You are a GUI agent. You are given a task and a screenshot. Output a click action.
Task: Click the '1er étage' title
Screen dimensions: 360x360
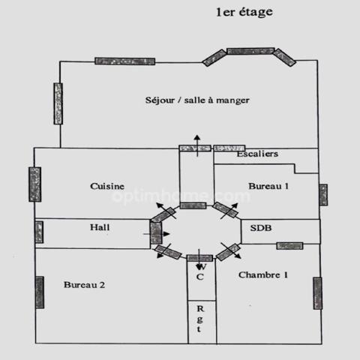pos(244,13)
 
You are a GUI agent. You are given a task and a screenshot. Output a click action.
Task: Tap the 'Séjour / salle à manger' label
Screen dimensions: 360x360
pos(197,100)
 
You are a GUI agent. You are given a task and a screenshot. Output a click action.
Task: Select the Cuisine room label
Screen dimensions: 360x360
pos(107,186)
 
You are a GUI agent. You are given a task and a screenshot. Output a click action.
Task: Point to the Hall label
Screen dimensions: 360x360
pos(100,227)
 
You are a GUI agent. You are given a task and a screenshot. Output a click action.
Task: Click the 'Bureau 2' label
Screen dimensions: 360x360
pos(84,285)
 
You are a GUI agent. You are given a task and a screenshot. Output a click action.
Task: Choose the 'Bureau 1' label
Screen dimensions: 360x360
pos(268,186)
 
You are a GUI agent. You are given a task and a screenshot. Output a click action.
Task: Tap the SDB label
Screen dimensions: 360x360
pos(261,228)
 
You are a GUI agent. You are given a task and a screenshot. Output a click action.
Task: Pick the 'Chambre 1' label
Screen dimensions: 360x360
pos(263,275)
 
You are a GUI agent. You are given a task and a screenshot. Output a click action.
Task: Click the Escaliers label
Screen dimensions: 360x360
pos(257,154)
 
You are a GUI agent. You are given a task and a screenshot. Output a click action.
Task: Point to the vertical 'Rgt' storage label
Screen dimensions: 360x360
pos(200,319)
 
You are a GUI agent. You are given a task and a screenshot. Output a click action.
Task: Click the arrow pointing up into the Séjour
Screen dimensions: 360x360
pos(197,145)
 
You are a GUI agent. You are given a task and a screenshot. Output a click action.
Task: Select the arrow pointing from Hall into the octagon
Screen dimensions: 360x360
pos(157,234)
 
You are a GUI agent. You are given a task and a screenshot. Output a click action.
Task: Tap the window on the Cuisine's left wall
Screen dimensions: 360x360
pos(35,184)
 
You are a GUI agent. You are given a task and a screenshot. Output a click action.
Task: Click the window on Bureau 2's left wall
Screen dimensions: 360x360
pos(40,292)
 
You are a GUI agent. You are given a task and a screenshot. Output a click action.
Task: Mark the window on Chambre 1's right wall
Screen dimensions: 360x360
pos(318,293)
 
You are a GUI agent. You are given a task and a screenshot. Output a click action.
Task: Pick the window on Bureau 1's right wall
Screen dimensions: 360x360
pos(323,195)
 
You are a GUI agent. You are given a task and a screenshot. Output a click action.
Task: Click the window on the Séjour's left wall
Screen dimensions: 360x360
pos(58,103)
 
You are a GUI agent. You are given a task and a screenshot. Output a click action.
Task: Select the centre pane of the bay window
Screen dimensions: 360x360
pos(250,51)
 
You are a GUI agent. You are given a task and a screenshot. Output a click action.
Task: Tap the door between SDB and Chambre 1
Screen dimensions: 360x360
pos(289,246)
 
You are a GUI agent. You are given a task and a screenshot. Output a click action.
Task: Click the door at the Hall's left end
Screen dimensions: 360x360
pos(39,232)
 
